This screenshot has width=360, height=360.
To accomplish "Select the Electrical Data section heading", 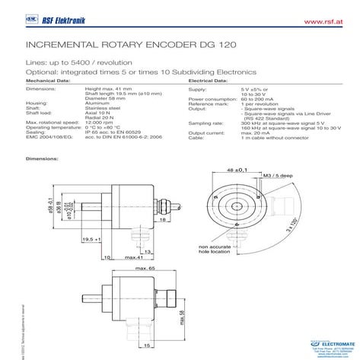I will click(210, 79).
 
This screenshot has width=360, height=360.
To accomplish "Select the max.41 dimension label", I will click(136, 258).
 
